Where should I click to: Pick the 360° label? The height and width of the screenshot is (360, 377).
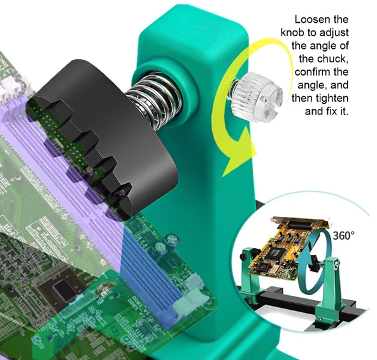click(343, 235)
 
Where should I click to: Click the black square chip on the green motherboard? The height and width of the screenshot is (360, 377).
click(63, 289)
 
